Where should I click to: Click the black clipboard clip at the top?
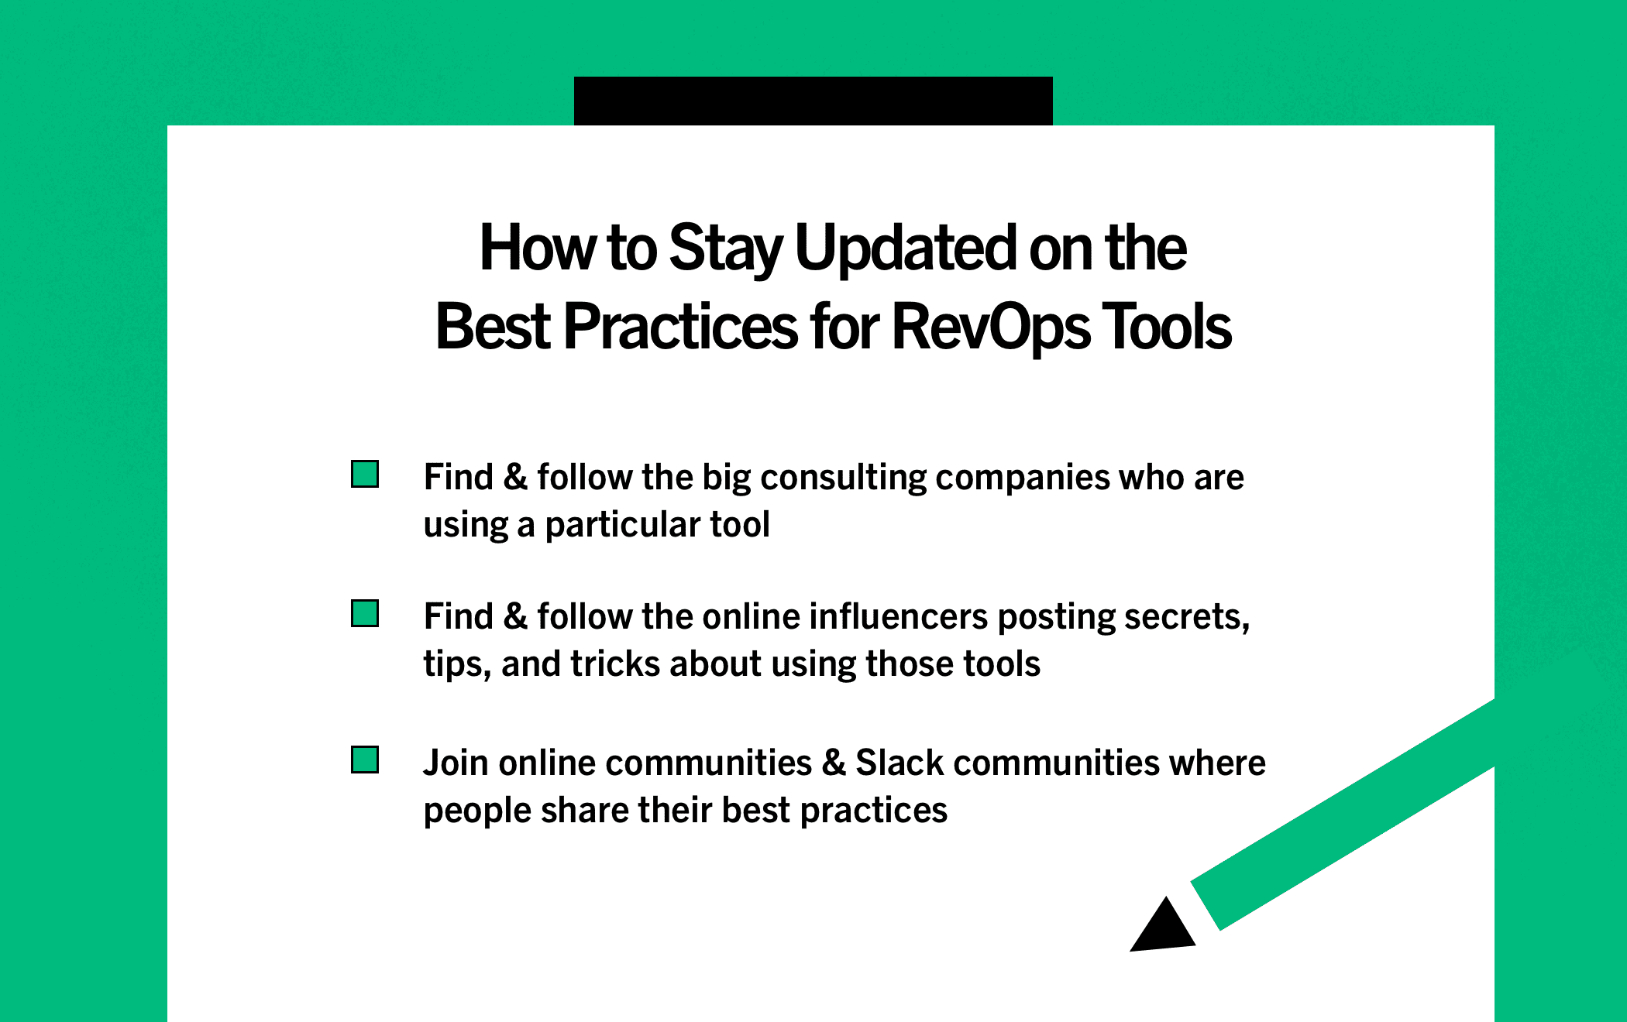[813, 101]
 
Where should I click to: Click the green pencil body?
[1343, 814]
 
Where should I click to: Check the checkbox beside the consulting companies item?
[365, 474]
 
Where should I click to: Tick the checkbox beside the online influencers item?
[365, 613]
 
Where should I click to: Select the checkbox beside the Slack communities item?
[365, 760]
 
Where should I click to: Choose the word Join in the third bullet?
[456, 763]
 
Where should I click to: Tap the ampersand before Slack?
[834, 763]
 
